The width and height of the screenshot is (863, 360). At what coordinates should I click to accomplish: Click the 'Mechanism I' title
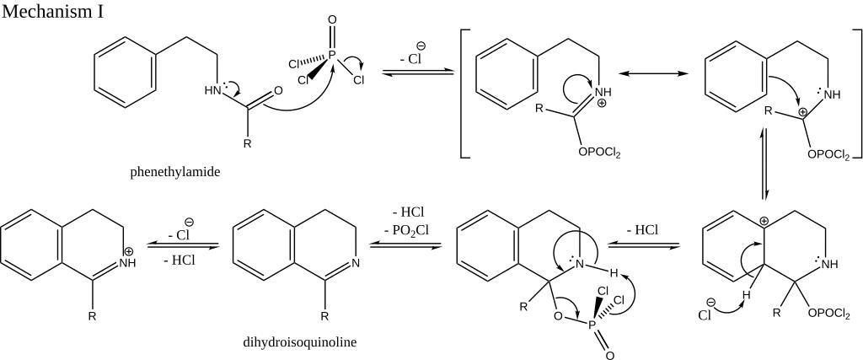click(52, 11)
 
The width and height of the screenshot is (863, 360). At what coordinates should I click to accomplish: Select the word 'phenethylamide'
click(175, 172)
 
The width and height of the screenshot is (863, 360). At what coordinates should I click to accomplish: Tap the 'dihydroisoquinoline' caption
click(299, 341)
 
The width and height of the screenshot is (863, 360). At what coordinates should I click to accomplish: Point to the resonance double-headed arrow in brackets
click(653, 73)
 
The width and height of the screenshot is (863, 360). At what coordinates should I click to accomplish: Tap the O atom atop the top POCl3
click(331, 20)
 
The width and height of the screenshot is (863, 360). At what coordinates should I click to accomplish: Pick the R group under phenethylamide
click(247, 145)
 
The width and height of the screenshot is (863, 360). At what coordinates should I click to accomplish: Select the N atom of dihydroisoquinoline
click(356, 263)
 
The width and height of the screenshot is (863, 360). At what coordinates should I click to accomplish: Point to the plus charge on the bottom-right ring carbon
click(764, 221)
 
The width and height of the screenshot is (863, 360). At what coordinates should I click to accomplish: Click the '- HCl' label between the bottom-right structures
click(643, 230)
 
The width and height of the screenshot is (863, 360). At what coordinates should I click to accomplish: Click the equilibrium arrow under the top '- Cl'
click(418, 73)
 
